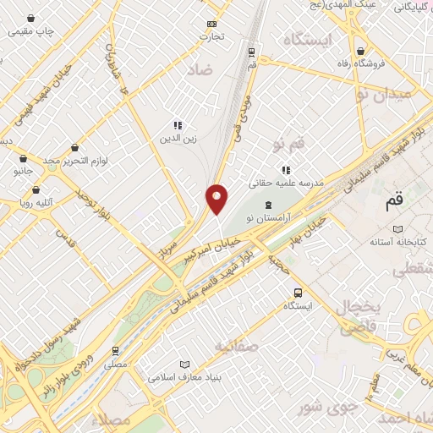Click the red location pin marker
click(x=217, y=199)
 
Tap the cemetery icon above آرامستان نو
click(x=268, y=205)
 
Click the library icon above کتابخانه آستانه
click(x=397, y=229)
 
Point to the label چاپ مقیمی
click(x=31, y=31)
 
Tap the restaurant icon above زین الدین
click(x=178, y=125)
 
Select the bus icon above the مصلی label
click(x=116, y=350)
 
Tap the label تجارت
click(x=210, y=36)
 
